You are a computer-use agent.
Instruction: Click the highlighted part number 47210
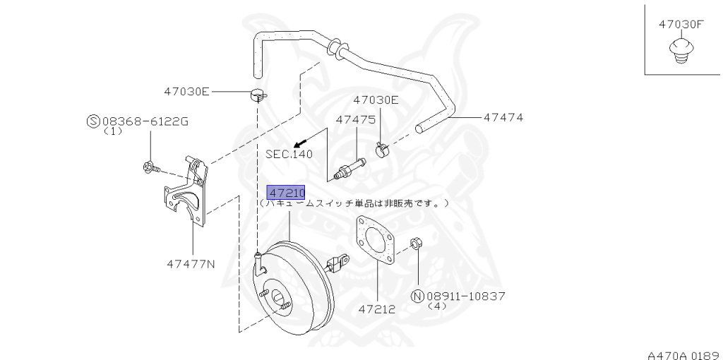(285, 192)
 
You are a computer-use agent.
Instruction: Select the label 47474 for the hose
(503, 117)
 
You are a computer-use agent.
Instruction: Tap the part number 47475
(355, 120)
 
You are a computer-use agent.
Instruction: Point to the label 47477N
(191, 265)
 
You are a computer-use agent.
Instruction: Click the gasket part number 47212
(376, 308)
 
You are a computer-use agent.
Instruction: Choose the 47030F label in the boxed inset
(681, 23)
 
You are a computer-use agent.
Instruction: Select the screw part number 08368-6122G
(145, 121)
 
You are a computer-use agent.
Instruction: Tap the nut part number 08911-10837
(466, 296)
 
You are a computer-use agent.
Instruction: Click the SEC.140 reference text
(289, 153)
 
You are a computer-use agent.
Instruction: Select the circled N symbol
(418, 296)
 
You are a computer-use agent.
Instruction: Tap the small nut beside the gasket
(415, 244)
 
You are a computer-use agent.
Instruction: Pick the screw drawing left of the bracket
(149, 167)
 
